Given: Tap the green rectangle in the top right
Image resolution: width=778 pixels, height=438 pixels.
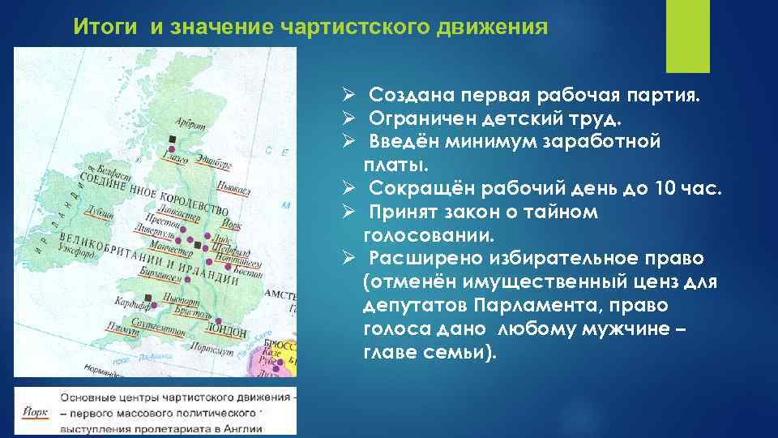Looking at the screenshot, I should point(687,36).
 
